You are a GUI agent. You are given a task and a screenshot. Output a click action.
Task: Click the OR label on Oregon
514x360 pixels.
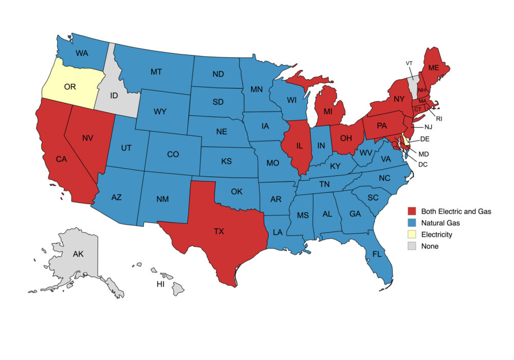[x=70, y=86]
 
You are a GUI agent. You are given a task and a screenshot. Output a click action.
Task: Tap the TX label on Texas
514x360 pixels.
[x=219, y=231]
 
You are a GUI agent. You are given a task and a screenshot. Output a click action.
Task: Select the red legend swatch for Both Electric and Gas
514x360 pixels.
[x=412, y=211]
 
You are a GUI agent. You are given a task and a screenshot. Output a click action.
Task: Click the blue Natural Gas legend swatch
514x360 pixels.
[x=412, y=223]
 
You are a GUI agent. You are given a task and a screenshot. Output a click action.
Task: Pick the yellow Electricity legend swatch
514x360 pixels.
[x=412, y=235]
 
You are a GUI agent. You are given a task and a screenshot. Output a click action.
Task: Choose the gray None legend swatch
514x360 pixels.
[x=412, y=246]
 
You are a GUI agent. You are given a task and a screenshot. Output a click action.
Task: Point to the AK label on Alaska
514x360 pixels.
[x=78, y=254]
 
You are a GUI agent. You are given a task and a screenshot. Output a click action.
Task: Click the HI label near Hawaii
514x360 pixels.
[x=160, y=284]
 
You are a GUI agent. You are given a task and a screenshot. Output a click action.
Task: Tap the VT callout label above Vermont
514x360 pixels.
[x=409, y=63]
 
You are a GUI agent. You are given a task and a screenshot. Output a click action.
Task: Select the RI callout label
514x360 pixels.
[x=439, y=118]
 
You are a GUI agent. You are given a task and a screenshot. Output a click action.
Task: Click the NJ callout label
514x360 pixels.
[x=429, y=127]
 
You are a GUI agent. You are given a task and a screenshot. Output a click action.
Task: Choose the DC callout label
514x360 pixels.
[x=423, y=164]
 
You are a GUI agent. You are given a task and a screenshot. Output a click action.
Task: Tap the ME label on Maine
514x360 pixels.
[x=434, y=67]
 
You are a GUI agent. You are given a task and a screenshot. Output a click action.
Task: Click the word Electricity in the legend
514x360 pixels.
[x=436, y=235]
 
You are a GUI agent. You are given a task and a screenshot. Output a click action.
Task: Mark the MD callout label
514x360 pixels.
[x=424, y=154]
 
